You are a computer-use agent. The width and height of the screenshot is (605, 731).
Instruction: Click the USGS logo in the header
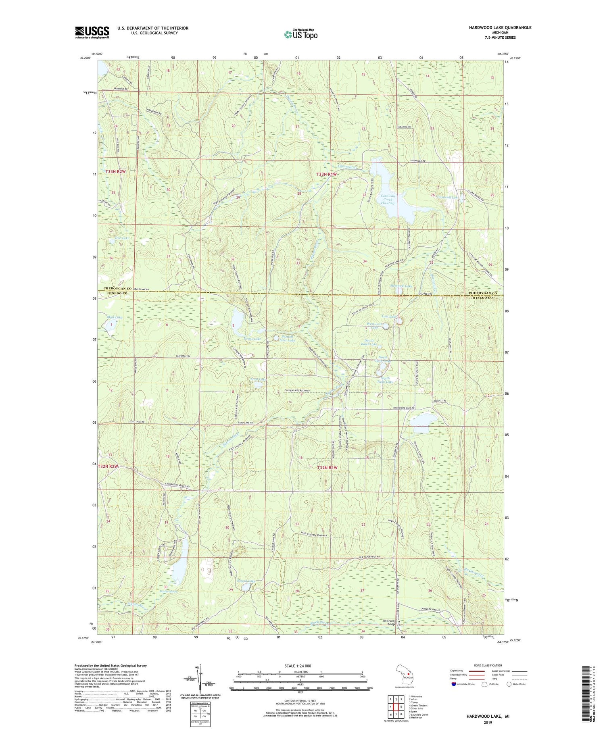(x=92, y=32)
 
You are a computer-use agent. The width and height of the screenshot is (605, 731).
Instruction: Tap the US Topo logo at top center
(x=300, y=35)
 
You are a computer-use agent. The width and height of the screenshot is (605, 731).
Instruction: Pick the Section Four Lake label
(x=288, y=338)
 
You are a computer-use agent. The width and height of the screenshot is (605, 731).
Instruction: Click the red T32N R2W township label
(x=108, y=467)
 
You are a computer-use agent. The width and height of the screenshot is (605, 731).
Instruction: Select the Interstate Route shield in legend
(x=453, y=684)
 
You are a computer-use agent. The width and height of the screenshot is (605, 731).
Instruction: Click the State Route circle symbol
(x=509, y=684)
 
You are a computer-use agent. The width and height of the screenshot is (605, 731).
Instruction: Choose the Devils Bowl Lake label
(x=370, y=342)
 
